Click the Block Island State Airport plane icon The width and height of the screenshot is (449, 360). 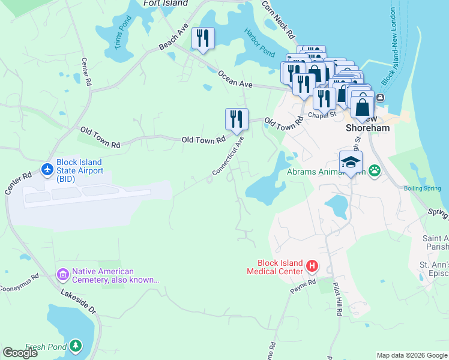coord(47,170)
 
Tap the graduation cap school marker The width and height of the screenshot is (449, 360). coord(351,161)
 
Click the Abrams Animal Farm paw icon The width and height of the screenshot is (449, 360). coord(375,170)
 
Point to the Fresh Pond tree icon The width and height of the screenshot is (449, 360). coord(75,346)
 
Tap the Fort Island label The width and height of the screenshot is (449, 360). coord(166,3)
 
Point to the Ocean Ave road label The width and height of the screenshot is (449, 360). coord(235,79)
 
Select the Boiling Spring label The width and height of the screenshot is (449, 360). coord(422,188)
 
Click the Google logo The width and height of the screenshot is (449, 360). coord(20,353)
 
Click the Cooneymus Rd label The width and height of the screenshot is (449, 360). coord(19,280)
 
